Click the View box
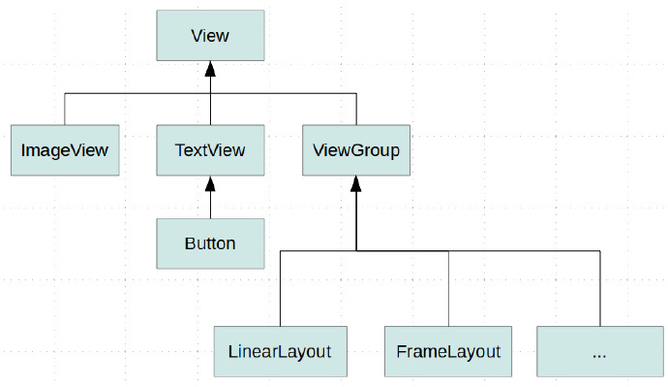click(x=210, y=36)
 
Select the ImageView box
click(x=64, y=150)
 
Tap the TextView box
click(x=210, y=150)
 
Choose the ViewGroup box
click(x=356, y=150)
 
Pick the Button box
click(x=210, y=242)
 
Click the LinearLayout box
click(x=280, y=351)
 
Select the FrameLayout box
click(x=448, y=351)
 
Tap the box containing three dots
click(x=598, y=351)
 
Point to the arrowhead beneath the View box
click(x=210, y=70)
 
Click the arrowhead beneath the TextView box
click(x=210, y=184)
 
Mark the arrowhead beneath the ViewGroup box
click(x=356, y=184)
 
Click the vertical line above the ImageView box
click(x=65, y=110)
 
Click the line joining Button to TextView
click(x=210, y=206)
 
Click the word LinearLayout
click(x=280, y=351)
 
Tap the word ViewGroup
click(x=356, y=150)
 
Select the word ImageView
click(x=64, y=150)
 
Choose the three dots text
click(x=598, y=354)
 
